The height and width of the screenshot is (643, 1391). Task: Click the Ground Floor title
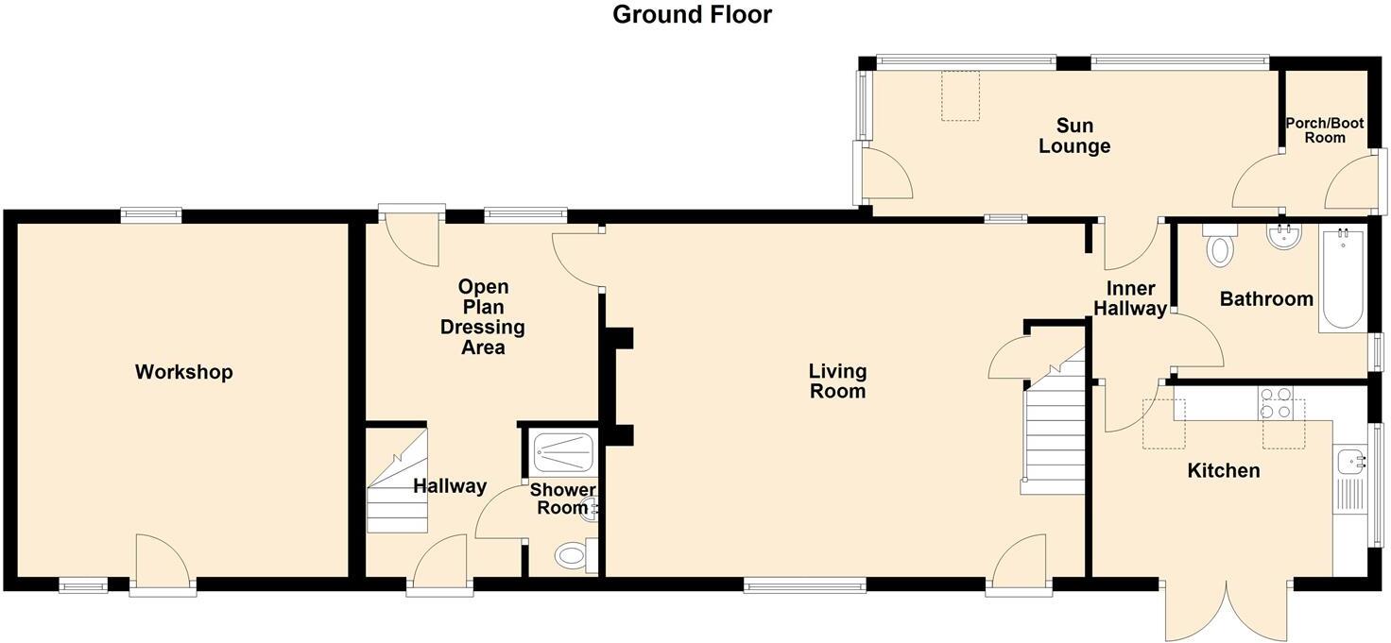[692, 15]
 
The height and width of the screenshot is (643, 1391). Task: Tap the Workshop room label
[183, 372]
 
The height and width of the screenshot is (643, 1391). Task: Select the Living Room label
[837, 381]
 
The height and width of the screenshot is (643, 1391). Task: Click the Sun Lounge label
[1074, 136]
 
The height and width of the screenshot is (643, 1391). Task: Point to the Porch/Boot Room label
[1325, 130]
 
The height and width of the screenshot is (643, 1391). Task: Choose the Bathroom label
[1266, 299]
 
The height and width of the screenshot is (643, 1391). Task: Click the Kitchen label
[1223, 470]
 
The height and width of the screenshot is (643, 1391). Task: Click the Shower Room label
[562, 499]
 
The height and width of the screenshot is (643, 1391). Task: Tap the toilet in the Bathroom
[1220, 248]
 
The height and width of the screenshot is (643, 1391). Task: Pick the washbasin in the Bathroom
[1282, 237]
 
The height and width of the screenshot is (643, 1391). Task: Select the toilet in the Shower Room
[573, 556]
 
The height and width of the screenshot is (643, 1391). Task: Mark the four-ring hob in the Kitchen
[1275, 403]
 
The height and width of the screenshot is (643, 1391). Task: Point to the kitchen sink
[1349, 464]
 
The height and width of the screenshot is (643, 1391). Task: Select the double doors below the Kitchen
[1226, 609]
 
